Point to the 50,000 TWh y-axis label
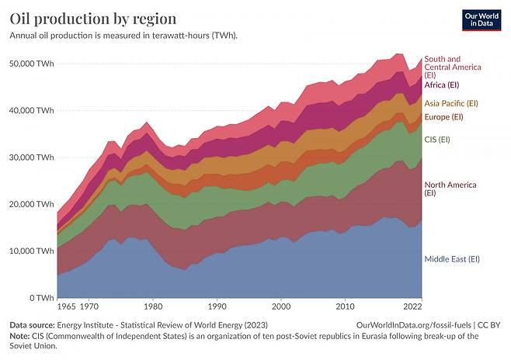click(32, 63)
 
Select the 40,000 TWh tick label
click(32, 110)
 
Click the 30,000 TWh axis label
click(32, 157)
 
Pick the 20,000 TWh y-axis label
click(32, 204)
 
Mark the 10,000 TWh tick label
click(32, 251)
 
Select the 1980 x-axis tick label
click(153, 306)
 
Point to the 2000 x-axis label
click(281, 306)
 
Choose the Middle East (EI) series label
click(452, 259)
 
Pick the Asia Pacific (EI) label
click(451, 102)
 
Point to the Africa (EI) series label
click(443, 85)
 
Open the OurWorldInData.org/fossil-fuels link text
click(415, 326)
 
